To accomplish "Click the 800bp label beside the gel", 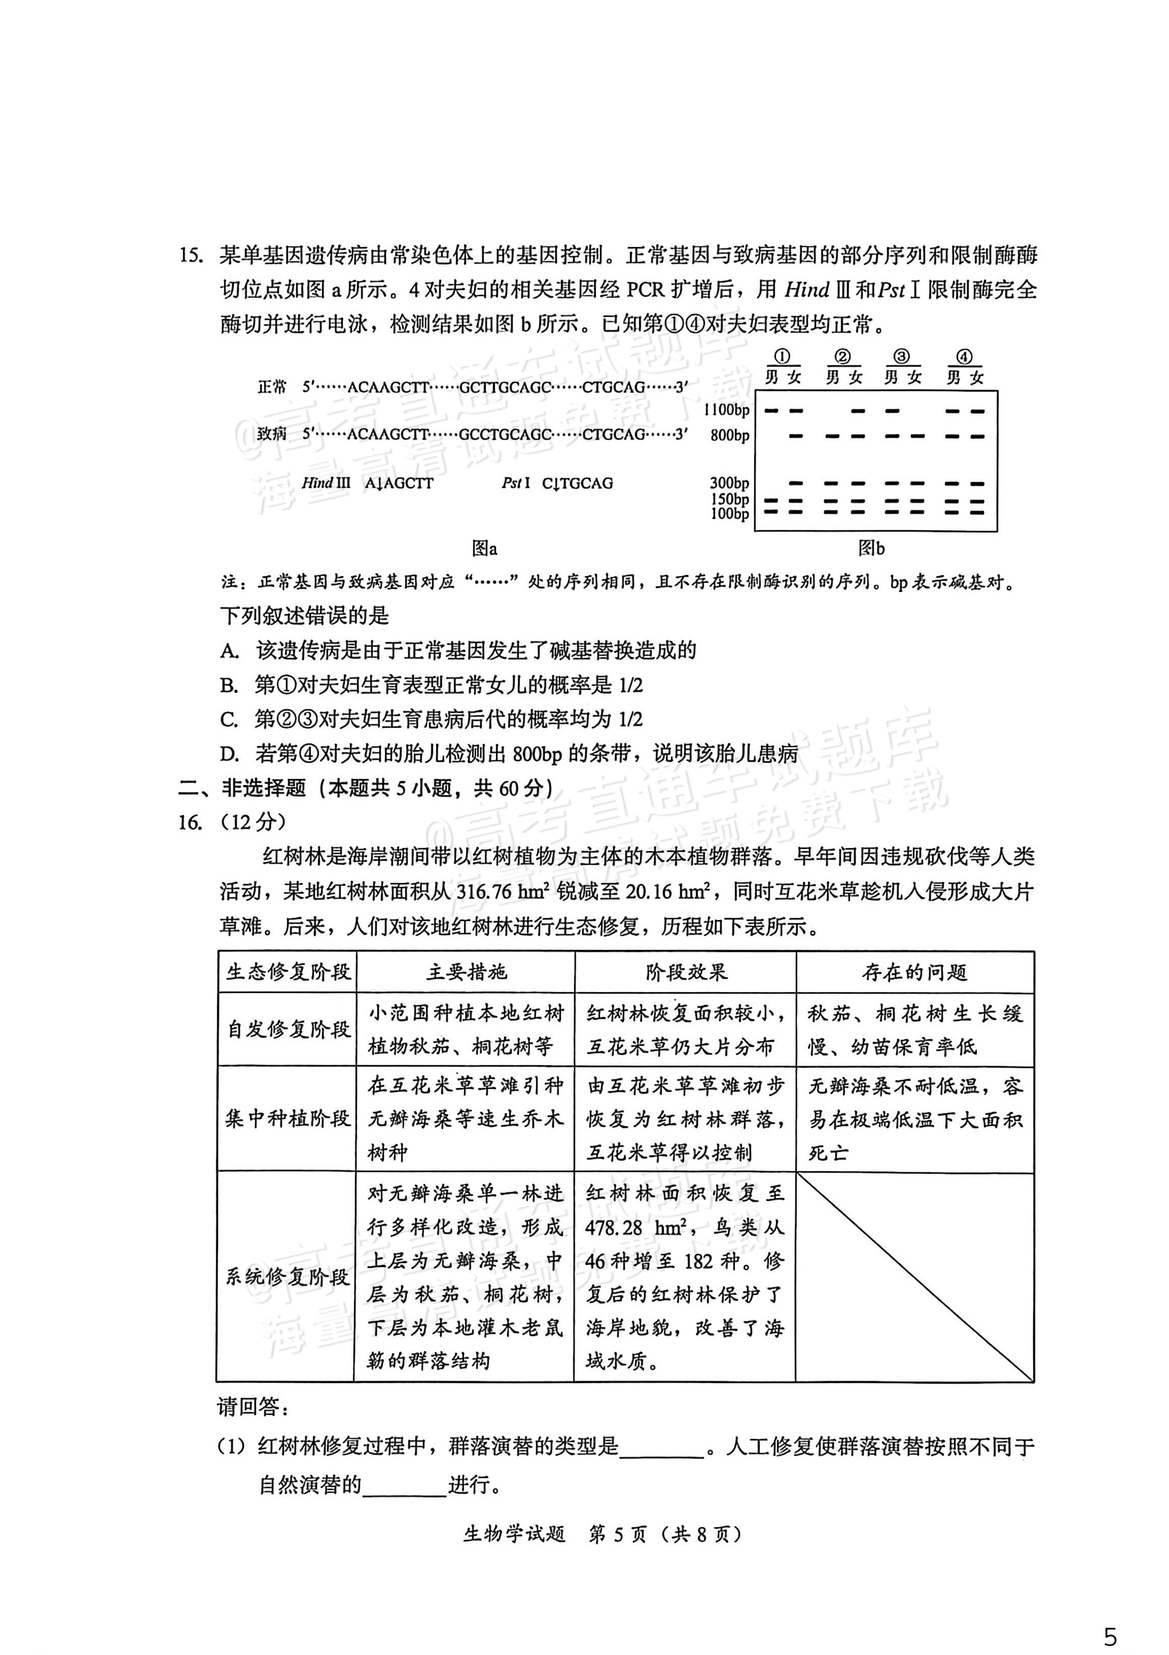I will point(729,435).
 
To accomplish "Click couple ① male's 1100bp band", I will point(772,411).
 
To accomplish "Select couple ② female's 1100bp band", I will point(858,411).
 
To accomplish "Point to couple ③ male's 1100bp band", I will point(892,411).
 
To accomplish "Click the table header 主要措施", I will point(466,973).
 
